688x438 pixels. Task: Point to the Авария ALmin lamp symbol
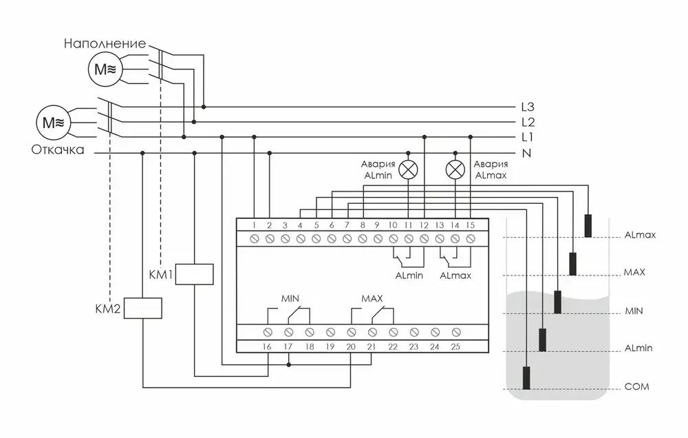tap(409, 169)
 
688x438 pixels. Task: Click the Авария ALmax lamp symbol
tap(455, 169)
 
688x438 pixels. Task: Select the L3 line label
tap(528, 107)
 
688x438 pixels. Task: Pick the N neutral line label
tap(527, 153)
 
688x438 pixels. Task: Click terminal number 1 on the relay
tap(254, 225)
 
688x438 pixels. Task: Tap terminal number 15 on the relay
tap(470, 225)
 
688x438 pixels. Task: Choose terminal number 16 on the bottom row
tap(267, 346)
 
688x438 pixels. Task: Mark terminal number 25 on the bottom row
tap(455, 346)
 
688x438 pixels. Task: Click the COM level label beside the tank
tap(636, 387)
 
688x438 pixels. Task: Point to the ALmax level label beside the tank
tap(640, 235)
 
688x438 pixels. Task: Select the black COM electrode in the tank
tap(527, 378)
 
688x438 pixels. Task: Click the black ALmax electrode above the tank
tap(589, 225)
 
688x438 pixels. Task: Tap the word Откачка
tap(57, 149)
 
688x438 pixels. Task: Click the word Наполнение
tap(105, 43)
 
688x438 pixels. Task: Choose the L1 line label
tap(528, 138)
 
